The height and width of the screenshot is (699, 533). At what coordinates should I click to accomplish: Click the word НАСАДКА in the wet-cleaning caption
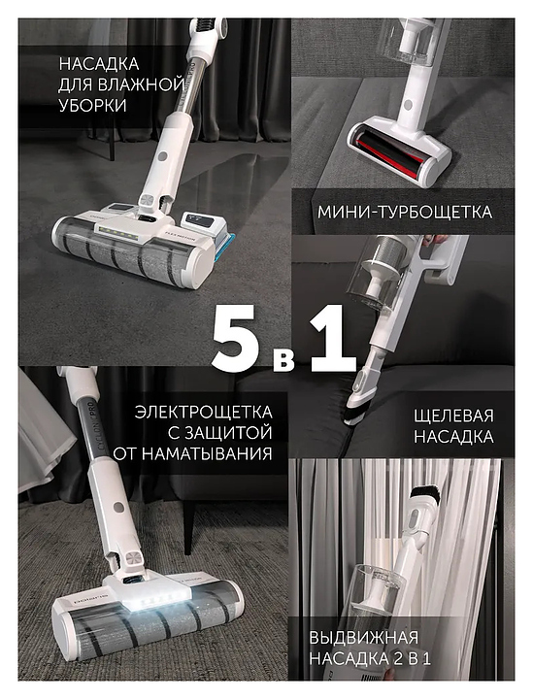pos(99,64)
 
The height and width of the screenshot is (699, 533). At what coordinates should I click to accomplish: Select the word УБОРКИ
pos(92,106)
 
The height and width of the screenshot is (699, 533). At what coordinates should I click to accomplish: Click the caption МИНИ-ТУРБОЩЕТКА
pos(405,213)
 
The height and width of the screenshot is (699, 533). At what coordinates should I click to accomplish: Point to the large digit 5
pos(236,339)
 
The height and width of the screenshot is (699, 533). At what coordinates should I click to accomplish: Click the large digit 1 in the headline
pos(333,338)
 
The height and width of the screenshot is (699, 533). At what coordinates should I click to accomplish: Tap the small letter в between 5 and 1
pos(283,358)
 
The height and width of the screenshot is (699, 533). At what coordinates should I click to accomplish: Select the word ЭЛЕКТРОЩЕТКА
pos(203,412)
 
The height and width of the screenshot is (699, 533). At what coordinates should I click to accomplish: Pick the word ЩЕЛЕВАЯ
pos(453,416)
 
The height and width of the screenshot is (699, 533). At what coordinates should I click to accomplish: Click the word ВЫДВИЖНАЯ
pos(364,638)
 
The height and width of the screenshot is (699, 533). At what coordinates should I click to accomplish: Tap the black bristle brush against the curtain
pos(425,493)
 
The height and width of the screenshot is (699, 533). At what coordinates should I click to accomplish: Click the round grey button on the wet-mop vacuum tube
pos(163,156)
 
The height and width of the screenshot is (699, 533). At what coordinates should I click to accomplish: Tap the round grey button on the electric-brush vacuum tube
pos(118,507)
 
